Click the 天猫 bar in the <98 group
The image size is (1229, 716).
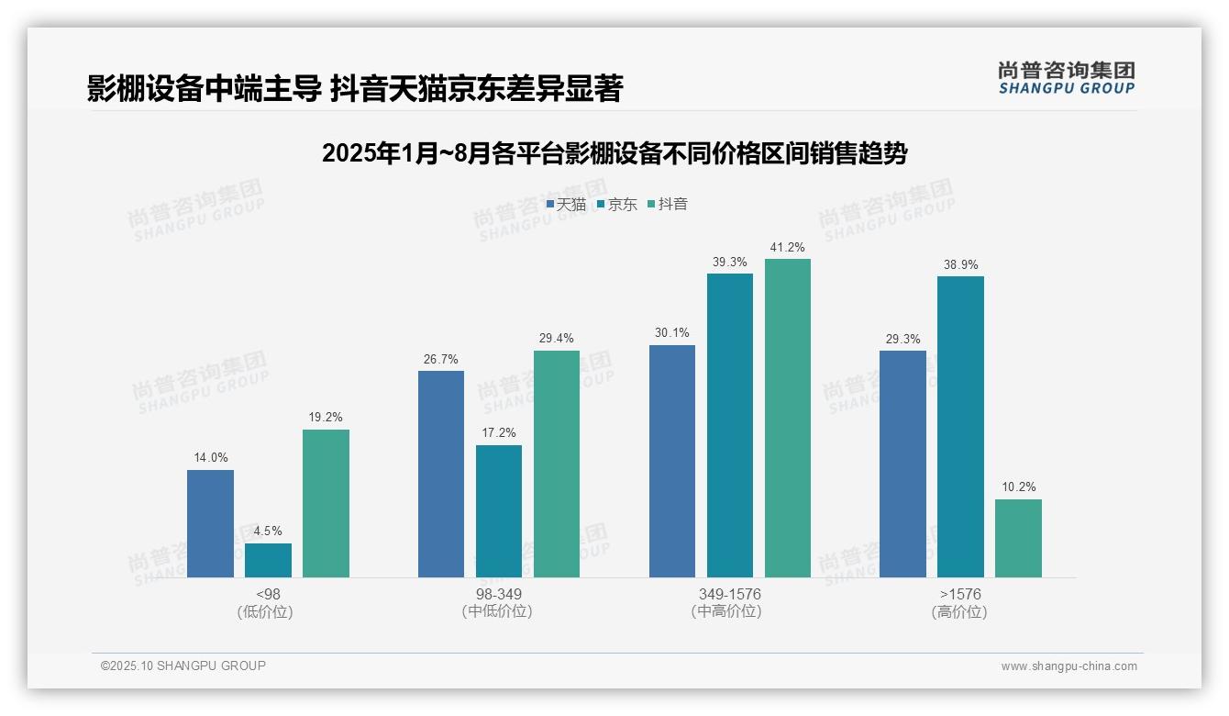click(x=210, y=523)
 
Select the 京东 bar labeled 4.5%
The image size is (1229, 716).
click(x=268, y=560)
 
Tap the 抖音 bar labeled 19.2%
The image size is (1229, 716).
click(x=326, y=503)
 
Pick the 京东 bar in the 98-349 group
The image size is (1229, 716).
click(x=499, y=511)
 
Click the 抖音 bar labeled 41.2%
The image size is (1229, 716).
click(x=788, y=418)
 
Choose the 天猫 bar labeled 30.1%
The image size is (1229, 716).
click(x=672, y=461)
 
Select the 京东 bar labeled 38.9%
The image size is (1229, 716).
click(x=960, y=427)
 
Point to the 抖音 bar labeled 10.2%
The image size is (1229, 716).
click(x=1018, y=538)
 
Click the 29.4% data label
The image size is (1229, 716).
click(x=556, y=339)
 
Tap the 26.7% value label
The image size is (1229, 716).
click(x=440, y=359)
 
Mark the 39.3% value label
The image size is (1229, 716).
click(x=729, y=262)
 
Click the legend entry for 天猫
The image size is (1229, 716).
click(x=566, y=204)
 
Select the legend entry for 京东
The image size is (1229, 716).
click(x=616, y=204)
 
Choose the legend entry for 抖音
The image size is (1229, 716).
click(x=668, y=204)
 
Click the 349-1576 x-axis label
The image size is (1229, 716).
click(x=729, y=594)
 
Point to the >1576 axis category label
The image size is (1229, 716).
click(x=960, y=594)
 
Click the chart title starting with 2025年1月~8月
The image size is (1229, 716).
click(x=614, y=153)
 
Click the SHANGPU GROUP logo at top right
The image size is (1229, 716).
click(x=1066, y=77)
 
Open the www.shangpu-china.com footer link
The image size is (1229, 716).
click(x=1068, y=666)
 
